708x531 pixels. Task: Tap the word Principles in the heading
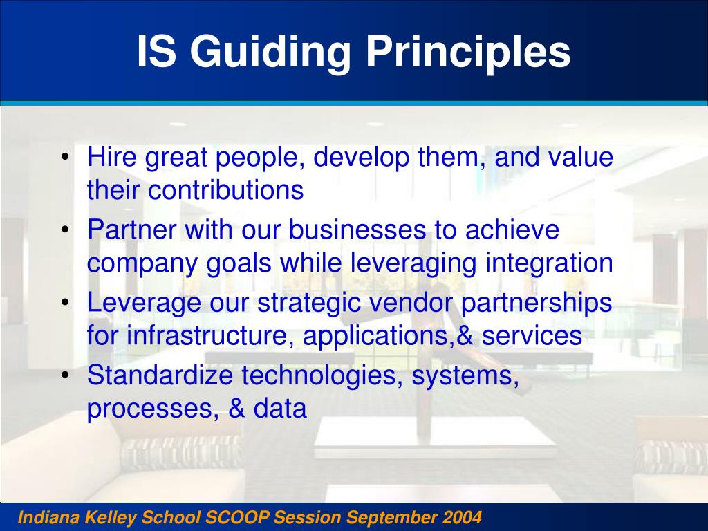[468, 53]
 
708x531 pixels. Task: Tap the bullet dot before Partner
[64, 230]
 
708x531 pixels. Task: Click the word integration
[549, 263]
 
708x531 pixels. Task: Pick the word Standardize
[160, 376]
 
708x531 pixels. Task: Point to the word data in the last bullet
[280, 409]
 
